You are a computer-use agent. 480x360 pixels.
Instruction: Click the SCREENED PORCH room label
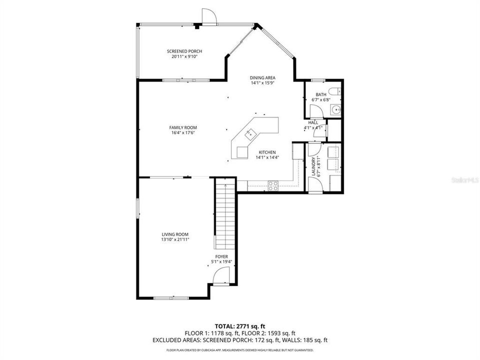(184, 51)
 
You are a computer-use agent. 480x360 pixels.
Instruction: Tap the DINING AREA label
(263, 78)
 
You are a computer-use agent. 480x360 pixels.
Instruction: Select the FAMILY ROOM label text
(183, 127)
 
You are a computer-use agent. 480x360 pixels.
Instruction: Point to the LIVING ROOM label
(175, 234)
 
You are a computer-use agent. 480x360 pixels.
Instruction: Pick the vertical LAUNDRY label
(313, 166)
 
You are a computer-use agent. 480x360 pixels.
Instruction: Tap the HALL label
(313, 122)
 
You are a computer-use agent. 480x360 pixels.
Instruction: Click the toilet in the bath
(338, 90)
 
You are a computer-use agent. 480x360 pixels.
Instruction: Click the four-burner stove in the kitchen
(273, 186)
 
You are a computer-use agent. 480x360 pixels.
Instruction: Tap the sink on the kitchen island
(249, 133)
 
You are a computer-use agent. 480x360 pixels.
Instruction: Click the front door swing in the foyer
(220, 275)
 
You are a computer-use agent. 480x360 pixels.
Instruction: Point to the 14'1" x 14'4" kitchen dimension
(267, 157)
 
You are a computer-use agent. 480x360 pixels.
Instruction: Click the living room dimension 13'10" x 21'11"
(175, 240)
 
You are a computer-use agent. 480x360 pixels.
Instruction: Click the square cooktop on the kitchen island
(241, 151)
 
